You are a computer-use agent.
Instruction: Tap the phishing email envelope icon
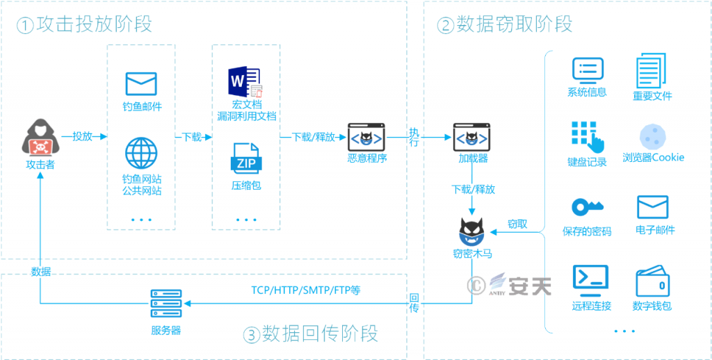click(x=141, y=83)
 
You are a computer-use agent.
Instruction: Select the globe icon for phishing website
click(x=141, y=153)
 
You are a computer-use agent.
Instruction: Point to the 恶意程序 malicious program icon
click(x=366, y=137)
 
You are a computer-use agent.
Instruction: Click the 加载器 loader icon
click(x=473, y=137)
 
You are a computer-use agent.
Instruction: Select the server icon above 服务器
click(x=165, y=304)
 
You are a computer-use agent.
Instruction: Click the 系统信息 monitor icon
click(x=587, y=70)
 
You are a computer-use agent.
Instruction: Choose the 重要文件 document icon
click(x=652, y=72)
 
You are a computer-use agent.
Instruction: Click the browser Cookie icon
click(x=652, y=136)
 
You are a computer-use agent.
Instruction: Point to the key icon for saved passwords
click(x=587, y=207)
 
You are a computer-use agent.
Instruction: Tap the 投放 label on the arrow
click(x=82, y=136)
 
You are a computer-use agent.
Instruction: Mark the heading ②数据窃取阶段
click(x=505, y=24)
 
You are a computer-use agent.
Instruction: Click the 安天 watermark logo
click(x=518, y=285)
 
